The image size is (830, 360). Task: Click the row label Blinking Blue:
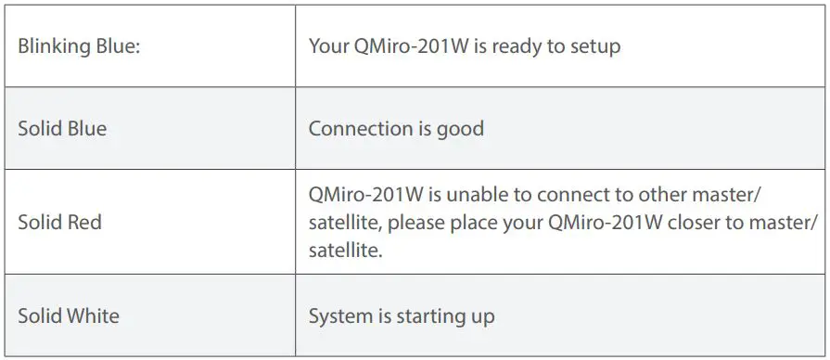(79, 46)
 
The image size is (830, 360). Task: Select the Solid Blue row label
(62, 128)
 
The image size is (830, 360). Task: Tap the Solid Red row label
(59, 223)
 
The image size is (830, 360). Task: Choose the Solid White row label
(69, 316)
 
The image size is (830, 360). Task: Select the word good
(460, 128)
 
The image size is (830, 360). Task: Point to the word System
(340, 316)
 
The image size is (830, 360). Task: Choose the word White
(95, 316)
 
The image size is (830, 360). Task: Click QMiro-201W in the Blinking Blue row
(411, 46)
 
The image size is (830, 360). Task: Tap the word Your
(328, 46)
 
